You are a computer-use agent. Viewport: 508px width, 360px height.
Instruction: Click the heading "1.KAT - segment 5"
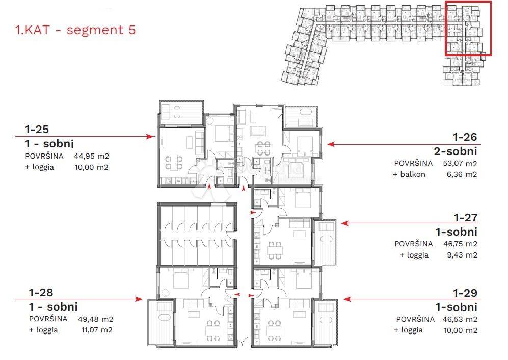[75, 30]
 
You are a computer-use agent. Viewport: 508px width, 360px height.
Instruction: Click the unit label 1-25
[37, 130]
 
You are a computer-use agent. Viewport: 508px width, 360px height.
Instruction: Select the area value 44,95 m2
[91, 156]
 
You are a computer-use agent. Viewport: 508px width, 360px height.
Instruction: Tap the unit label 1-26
[465, 137]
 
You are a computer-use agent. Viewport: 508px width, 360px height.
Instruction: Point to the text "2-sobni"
[456, 151]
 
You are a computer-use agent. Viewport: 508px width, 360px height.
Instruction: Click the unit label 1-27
[466, 218]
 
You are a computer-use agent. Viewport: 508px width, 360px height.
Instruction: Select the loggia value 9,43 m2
[462, 255]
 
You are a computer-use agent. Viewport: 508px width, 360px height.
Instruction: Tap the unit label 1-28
[41, 293]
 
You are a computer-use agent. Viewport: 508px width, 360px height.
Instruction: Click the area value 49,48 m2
[95, 319]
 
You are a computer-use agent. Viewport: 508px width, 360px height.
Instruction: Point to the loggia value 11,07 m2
[96, 330]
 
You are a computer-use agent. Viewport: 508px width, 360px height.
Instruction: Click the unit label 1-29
[465, 293]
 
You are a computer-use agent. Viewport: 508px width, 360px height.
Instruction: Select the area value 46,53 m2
[460, 319]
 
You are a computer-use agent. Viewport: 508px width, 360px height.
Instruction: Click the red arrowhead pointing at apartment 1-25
[151, 137]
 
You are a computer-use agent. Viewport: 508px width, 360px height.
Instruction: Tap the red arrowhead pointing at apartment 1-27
[345, 223]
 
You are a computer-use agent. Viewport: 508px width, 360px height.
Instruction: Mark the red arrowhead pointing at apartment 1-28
[139, 299]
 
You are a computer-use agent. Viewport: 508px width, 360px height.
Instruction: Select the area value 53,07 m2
[460, 164]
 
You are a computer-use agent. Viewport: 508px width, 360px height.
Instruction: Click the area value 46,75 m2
[461, 244]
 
